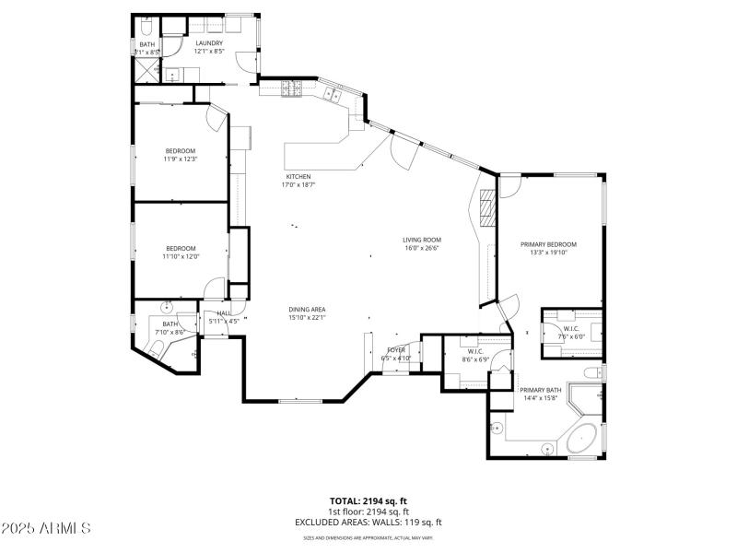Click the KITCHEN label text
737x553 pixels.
pyautogui.click(x=298, y=176)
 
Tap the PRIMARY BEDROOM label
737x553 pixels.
pyautogui.click(x=548, y=244)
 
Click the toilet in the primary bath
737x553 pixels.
pyautogui.click(x=594, y=372)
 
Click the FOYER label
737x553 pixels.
pyautogui.click(x=396, y=350)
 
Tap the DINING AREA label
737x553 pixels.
pyautogui.click(x=308, y=310)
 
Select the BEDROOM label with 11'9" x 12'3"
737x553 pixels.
pyautogui.click(x=181, y=151)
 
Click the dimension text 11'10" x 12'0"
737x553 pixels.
pyautogui.click(x=181, y=257)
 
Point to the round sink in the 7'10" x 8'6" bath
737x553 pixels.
pyautogui.click(x=168, y=307)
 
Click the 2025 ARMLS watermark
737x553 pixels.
pyautogui.click(x=46, y=528)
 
